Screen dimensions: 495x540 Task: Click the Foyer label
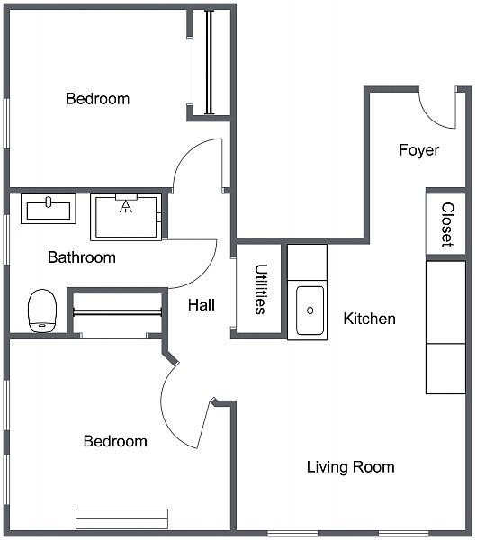click(418, 150)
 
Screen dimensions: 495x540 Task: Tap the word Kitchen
click(369, 319)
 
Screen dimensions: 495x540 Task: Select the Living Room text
click(351, 467)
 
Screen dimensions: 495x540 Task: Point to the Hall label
click(202, 305)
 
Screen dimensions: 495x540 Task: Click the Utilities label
click(261, 289)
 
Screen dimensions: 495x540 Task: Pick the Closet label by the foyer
click(447, 224)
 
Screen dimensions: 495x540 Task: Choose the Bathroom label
click(82, 257)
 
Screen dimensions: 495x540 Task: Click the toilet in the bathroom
click(42, 310)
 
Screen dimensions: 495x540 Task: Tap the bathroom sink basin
click(49, 211)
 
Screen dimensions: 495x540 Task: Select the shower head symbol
click(126, 206)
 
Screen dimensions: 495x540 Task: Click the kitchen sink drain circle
click(310, 310)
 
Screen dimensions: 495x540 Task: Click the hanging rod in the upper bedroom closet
click(210, 62)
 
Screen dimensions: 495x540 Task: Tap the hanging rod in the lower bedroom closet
click(118, 312)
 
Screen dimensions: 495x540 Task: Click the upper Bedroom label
click(98, 99)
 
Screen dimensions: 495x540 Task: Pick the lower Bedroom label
click(115, 441)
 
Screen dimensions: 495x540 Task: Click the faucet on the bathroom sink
click(49, 202)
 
